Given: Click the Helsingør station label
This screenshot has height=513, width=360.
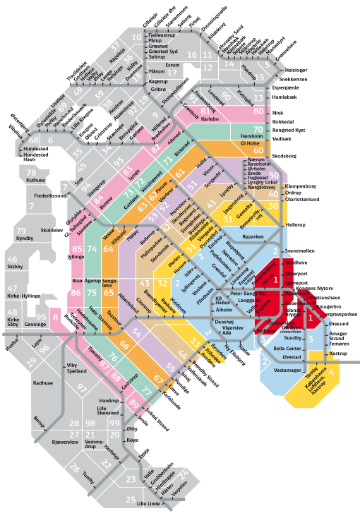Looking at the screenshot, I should pyautogui.click(x=296, y=71).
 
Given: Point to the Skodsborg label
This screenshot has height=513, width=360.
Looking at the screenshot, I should pyautogui.click(x=287, y=154).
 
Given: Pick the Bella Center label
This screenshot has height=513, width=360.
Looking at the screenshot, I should pyautogui.click(x=287, y=348).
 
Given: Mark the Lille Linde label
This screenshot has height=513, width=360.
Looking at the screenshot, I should pyautogui.click(x=150, y=503).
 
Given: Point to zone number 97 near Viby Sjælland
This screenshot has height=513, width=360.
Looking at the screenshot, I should pyautogui.click(x=83, y=388).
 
